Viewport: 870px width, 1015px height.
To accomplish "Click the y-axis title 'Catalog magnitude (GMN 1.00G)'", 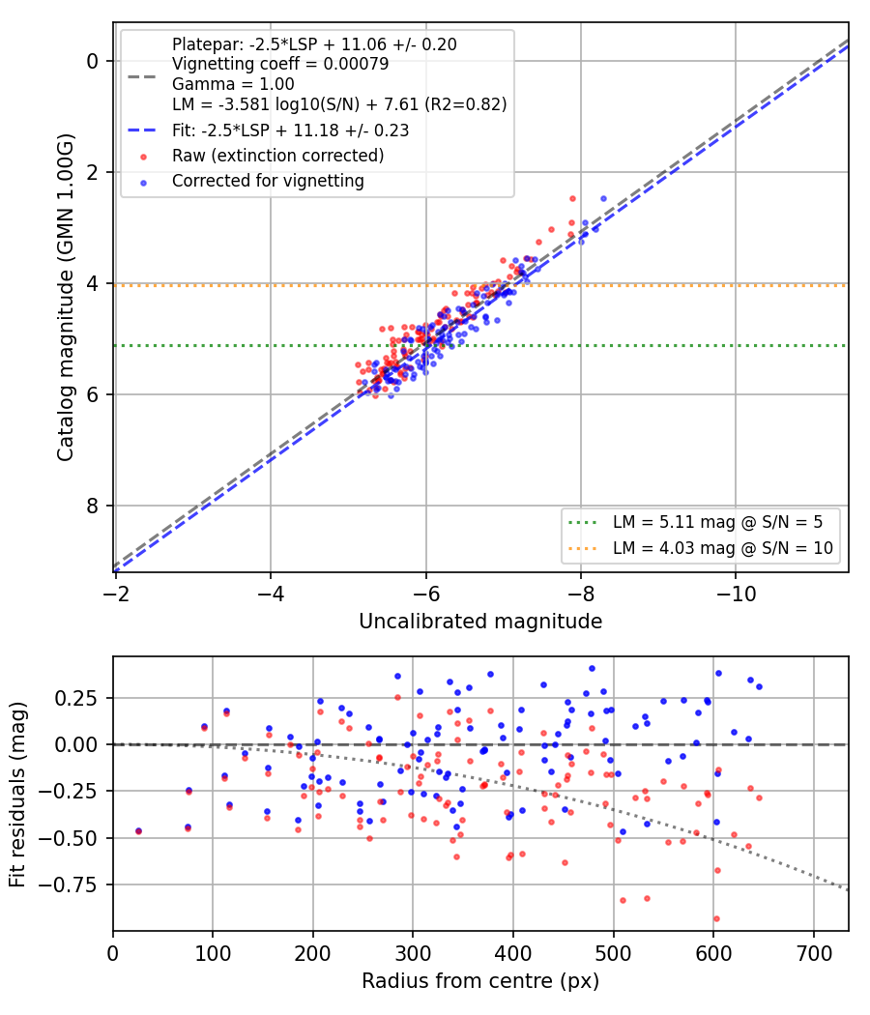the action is click(66, 298).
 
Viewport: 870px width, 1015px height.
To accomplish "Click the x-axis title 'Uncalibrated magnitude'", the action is click(480, 622).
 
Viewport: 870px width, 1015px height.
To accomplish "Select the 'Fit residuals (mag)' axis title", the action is click(17, 795).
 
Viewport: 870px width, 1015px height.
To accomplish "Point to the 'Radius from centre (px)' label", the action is click(480, 981).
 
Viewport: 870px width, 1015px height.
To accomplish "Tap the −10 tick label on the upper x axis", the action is click(736, 594).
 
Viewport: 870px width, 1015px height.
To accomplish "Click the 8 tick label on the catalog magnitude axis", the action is click(92, 506).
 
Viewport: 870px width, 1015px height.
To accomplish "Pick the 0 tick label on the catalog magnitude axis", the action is click(92, 61).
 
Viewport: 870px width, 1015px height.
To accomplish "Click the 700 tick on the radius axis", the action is click(814, 953).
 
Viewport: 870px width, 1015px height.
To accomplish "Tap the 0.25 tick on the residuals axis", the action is click(76, 699).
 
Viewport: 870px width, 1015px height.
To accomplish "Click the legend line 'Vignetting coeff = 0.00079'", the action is click(280, 64).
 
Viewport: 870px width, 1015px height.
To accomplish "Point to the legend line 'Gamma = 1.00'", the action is click(233, 84).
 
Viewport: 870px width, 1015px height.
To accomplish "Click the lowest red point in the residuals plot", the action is click(716, 918).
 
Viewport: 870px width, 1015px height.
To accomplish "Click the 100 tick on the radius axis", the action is click(213, 953).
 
